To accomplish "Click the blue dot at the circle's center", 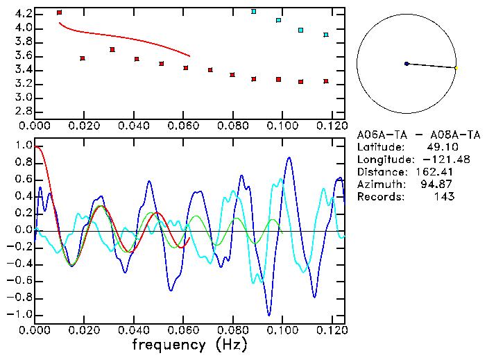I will point(407,64).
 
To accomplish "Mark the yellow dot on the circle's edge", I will point(456,67).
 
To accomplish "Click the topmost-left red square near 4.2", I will point(60,12).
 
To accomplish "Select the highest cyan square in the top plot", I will point(254,11).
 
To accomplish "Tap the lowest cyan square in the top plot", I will point(326,35).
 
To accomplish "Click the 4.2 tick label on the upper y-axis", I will point(23,14).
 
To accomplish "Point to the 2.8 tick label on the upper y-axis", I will point(23,112).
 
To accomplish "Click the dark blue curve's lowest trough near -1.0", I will point(268,315).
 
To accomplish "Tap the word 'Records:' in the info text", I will point(380,197).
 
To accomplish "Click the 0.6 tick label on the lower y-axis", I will point(24,180).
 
